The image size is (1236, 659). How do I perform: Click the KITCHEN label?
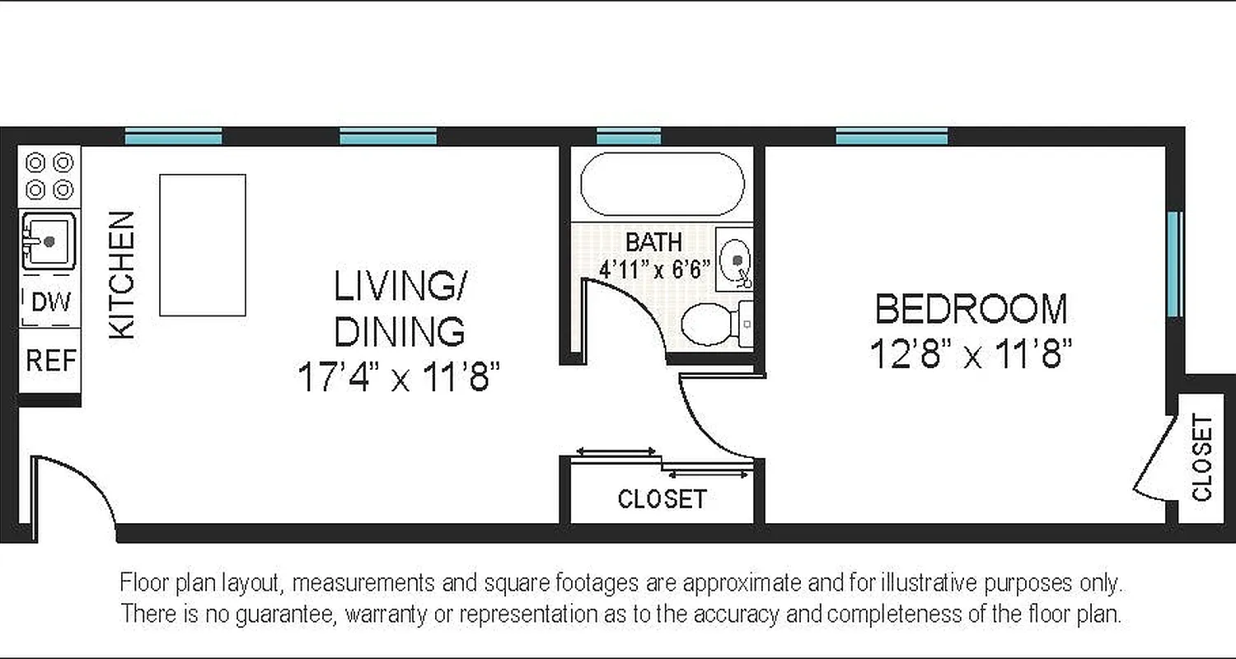point(122,275)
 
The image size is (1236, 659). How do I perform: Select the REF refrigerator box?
point(50,360)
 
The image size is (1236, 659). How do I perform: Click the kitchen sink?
point(49,241)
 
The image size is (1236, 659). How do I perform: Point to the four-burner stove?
point(49,175)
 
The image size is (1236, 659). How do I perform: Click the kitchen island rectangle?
point(202,245)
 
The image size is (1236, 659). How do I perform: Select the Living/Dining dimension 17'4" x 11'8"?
point(399,378)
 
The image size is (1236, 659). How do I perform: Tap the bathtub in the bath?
point(662,184)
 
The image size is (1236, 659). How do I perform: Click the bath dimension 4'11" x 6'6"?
point(654,269)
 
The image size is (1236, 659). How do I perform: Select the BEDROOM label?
point(971,310)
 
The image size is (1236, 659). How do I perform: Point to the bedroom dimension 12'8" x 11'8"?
point(971,356)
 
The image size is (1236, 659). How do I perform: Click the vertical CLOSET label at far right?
point(1201,458)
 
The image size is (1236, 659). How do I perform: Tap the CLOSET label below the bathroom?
point(662,499)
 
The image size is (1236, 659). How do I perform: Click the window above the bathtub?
point(629,137)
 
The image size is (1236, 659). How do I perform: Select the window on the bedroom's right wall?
point(1174,264)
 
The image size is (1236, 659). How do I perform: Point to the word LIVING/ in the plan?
point(400,287)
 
